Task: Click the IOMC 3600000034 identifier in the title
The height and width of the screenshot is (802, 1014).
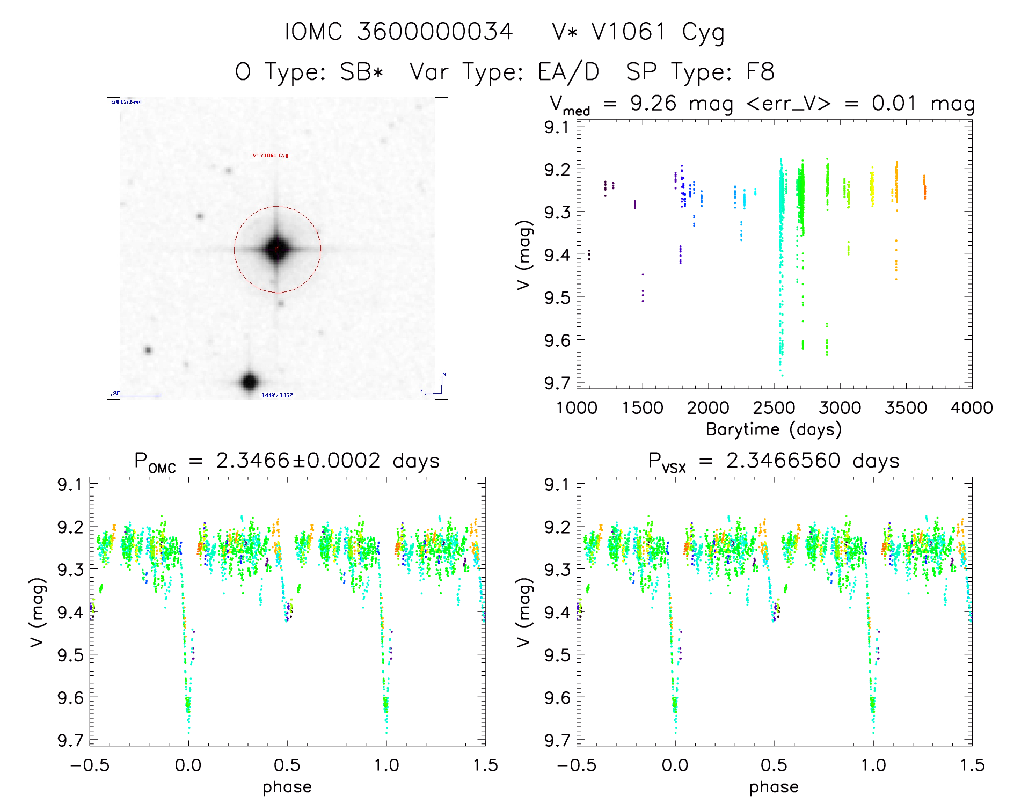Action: click(398, 32)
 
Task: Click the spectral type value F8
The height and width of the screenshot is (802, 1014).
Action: click(761, 72)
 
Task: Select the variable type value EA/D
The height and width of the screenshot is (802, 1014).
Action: click(568, 72)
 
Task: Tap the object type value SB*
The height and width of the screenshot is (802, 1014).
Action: click(362, 72)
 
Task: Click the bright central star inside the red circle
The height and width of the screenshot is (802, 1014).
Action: click(276, 249)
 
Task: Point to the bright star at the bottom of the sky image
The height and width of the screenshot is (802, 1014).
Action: click(250, 382)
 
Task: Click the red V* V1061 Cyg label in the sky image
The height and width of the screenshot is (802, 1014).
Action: click(271, 156)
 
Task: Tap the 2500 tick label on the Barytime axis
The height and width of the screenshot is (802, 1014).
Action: click(774, 408)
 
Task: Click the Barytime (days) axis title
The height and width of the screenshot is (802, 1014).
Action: click(774, 429)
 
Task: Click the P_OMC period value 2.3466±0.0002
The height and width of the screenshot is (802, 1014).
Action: click(298, 461)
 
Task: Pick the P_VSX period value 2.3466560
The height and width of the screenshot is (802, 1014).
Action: click(783, 461)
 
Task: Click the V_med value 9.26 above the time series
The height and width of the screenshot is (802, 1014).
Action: click(653, 104)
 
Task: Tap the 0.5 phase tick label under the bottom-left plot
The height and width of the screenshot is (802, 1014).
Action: click(287, 765)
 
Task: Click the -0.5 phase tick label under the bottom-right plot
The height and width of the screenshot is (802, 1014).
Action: click(577, 765)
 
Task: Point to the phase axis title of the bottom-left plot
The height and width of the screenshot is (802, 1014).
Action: click(287, 787)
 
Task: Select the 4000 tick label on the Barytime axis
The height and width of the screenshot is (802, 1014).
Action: click(972, 408)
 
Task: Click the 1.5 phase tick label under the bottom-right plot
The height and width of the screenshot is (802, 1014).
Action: click(972, 765)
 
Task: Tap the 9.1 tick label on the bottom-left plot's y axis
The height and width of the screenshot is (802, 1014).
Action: click(69, 485)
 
